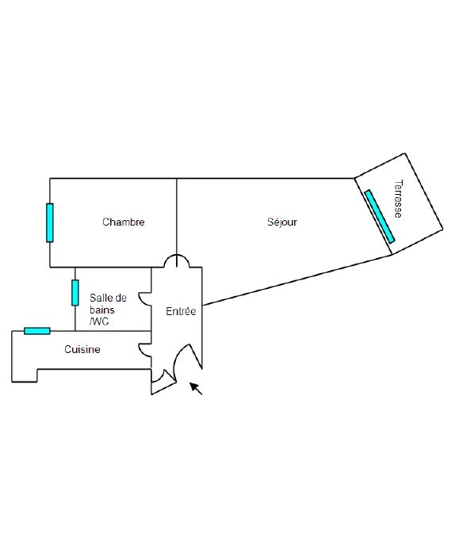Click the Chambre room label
(123, 222)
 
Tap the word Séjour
(282, 222)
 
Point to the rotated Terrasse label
(398, 199)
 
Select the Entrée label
(181, 311)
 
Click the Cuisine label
(82, 349)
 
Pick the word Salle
(101, 298)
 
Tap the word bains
(102, 310)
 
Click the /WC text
(99, 321)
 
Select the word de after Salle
(120, 298)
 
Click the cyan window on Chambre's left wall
(50, 222)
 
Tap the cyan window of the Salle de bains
(75, 293)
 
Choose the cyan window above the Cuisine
(37, 331)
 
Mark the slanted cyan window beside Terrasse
(380, 216)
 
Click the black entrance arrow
(196, 389)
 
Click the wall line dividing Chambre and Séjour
(177, 216)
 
